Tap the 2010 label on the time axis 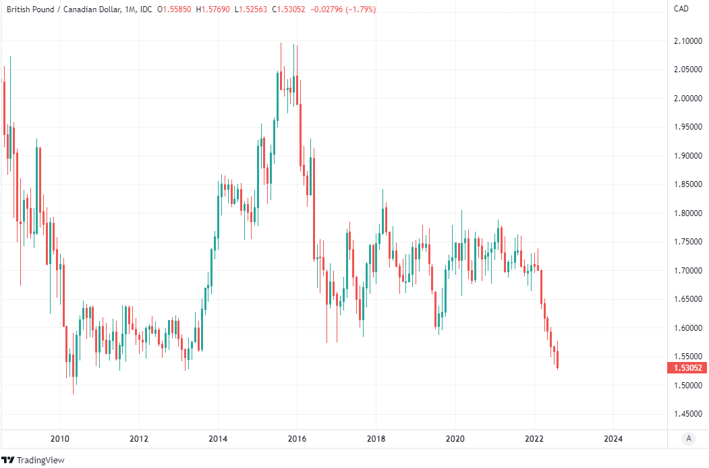(60, 438)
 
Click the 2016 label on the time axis (297, 438)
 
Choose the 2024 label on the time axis (613, 438)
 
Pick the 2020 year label (455, 438)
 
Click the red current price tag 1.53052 (687, 368)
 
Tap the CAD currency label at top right (681, 8)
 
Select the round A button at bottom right (689, 439)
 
